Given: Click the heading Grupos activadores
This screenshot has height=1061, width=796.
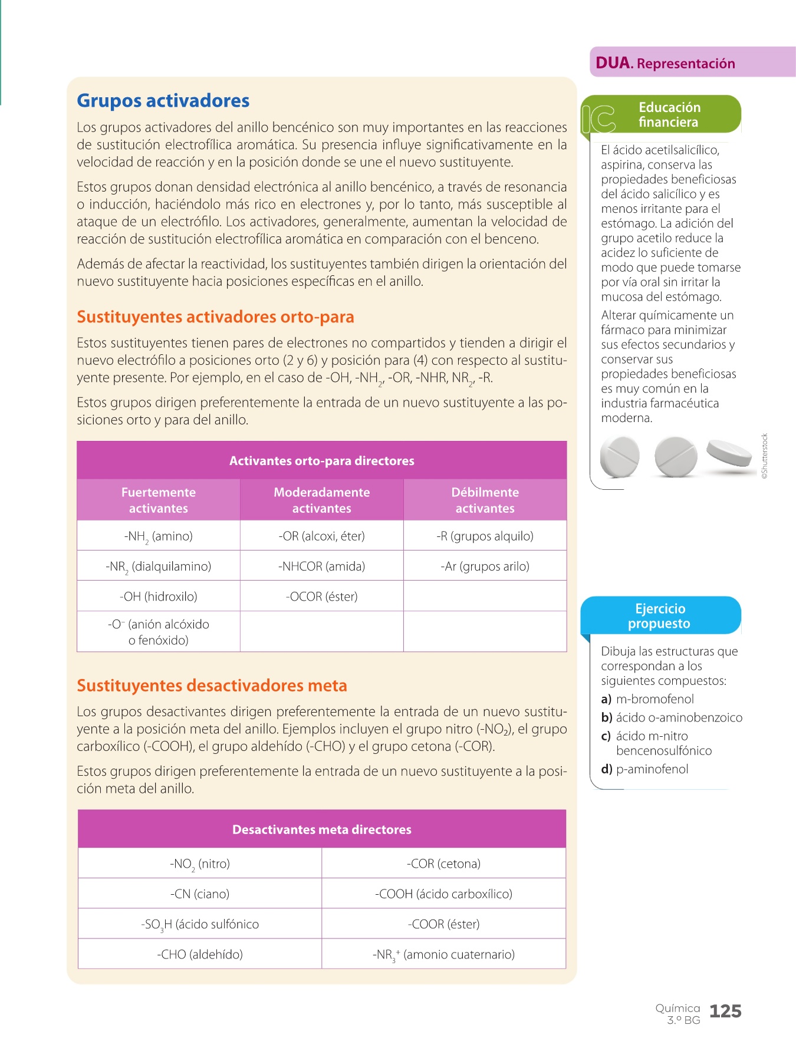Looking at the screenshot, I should (x=163, y=101).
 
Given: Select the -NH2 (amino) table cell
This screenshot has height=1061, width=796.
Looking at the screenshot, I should (x=158, y=536).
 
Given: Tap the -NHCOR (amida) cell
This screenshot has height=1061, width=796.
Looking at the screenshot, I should (x=321, y=566).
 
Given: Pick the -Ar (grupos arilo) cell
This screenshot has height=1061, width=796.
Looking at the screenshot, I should (x=485, y=566).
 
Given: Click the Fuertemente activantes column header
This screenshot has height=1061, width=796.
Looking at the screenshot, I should (x=158, y=500).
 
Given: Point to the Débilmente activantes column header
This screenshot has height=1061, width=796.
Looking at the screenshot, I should (x=485, y=500).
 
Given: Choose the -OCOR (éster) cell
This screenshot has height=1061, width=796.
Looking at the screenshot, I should (x=321, y=597).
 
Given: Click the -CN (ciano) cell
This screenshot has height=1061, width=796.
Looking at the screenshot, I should (x=199, y=894).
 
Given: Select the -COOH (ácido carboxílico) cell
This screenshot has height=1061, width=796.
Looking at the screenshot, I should (x=443, y=894).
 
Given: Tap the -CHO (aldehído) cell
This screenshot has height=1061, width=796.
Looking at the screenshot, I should (x=199, y=954).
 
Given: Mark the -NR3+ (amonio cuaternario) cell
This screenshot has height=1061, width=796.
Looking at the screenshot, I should (x=443, y=954).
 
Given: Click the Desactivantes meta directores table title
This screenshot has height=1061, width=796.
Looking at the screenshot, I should (x=321, y=829).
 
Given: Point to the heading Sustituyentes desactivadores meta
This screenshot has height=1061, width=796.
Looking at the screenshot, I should (x=212, y=686).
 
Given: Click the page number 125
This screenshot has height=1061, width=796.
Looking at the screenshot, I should (x=725, y=1011).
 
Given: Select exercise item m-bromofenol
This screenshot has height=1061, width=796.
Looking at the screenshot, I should (x=654, y=699).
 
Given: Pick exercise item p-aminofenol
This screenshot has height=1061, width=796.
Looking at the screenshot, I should (x=652, y=769).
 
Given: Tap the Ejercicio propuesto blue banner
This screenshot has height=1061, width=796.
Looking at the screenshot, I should (x=660, y=616).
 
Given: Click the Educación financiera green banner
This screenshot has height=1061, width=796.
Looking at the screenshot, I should (x=669, y=114).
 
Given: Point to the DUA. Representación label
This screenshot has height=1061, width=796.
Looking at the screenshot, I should (x=666, y=63).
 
